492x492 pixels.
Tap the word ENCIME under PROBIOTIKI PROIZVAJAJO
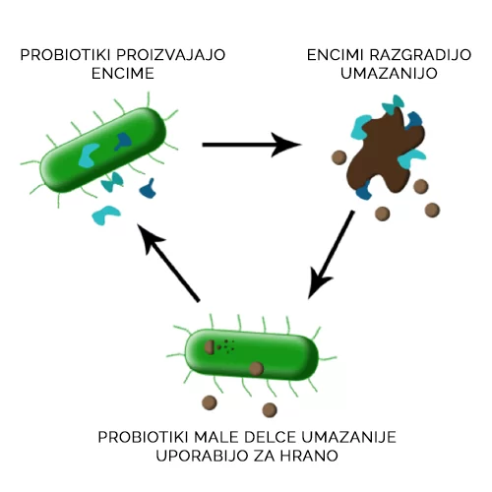(x=123, y=74)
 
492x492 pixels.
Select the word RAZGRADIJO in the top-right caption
(x=420, y=55)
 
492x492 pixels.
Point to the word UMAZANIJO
(x=389, y=74)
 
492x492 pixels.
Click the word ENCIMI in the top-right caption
(x=335, y=55)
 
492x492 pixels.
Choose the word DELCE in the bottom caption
(x=270, y=437)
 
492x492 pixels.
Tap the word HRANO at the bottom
(x=309, y=456)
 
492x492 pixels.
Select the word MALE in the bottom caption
(x=215, y=437)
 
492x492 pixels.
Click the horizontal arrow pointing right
(x=252, y=145)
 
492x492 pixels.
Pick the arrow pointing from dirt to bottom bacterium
(x=332, y=255)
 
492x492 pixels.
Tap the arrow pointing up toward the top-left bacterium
(x=168, y=263)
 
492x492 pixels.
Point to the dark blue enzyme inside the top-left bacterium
(x=123, y=141)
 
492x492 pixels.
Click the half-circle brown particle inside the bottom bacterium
(x=210, y=347)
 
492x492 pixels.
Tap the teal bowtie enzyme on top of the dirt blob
(x=394, y=104)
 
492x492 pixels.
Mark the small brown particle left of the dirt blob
(x=338, y=157)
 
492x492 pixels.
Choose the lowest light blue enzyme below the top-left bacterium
(x=105, y=215)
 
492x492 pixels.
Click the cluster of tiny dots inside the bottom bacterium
(x=226, y=346)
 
